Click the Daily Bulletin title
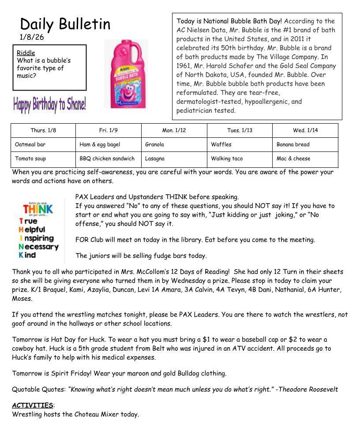[x=65, y=24]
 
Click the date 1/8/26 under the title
[x=32, y=37]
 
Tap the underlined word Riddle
[x=26, y=53]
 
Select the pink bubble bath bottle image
[x=126, y=74]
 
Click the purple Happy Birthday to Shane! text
[x=49, y=104]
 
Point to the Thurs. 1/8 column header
[x=43, y=130]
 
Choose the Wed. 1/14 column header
[x=305, y=130]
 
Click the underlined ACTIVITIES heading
[x=32, y=405]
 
